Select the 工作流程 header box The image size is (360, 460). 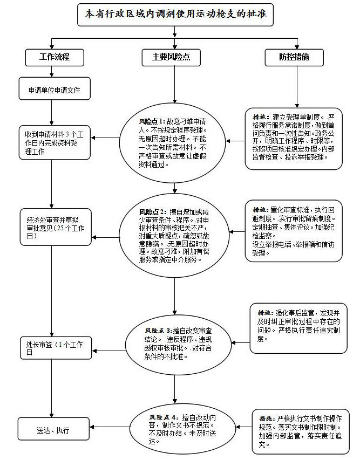click(x=54, y=57)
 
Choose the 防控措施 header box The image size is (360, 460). click(x=294, y=57)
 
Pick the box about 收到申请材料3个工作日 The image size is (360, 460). click(x=53, y=142)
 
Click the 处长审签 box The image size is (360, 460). click(x=53, y=347)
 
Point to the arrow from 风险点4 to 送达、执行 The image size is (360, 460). click(x=110, y=430)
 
